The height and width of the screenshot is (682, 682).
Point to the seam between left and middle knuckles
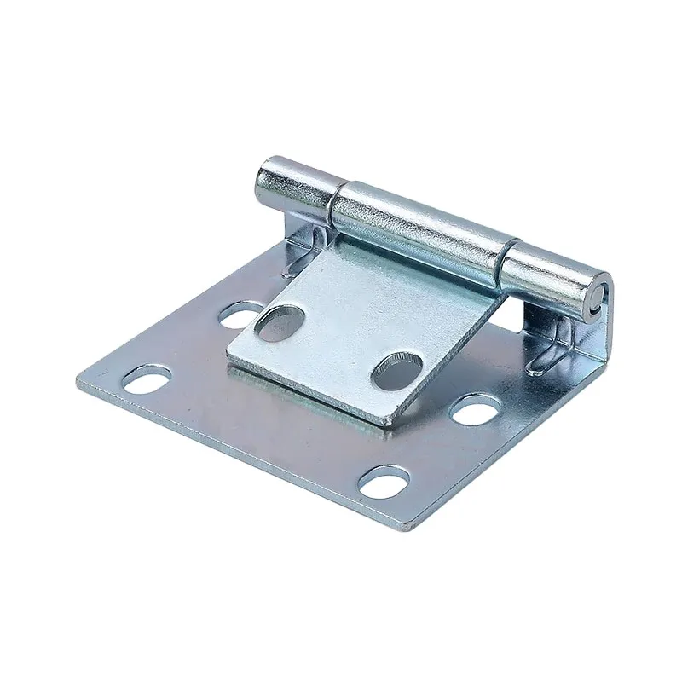[x=331, y=203]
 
